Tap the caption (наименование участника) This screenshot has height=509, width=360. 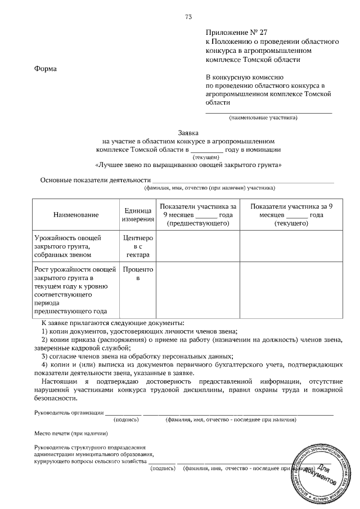click(x=263, y=118)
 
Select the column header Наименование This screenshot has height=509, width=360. click(x=76, y=215)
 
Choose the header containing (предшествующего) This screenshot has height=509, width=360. click(x=198, y=215)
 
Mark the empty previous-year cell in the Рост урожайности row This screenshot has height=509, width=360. click(x=198, y=290)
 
